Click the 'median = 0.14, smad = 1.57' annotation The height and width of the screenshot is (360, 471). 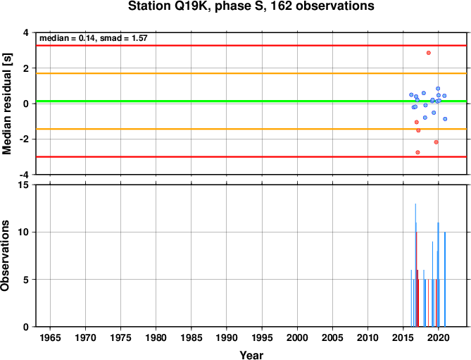pyautogui.click(x=94, y=38)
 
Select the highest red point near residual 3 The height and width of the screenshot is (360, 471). pyautogui.click(x=428, y=53)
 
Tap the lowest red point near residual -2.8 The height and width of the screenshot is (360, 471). pyautogui.click(x=417, y=152)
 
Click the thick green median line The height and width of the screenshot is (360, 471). pyautogui.click(x=251, y=101)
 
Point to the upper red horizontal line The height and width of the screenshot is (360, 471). pyautogui.click(x=251, y=46)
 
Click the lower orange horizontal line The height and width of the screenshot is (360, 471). pyautogui.click(x=251, y=129)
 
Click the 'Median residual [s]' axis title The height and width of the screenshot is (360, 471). pyautogui.click(x=6, y=104)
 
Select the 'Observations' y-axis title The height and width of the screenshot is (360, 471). pyautogui.click(x=5, y=256)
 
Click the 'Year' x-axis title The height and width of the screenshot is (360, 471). pyautogui.click(x=251, y=355)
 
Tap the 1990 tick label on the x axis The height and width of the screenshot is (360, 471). pyautogui.click(x=227, y=337)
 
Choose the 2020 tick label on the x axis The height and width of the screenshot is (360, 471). pyautogui.click(x=438, y=337)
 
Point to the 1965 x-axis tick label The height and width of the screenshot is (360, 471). pyautogui.click(x=50, y=337)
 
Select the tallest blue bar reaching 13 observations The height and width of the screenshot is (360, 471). pyautogui.click(x=415, y=265)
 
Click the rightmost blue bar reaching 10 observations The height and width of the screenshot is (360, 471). pyautogui.click(x=445, y=279)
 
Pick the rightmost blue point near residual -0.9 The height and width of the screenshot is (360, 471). pyautogui.click(x=445, y=119)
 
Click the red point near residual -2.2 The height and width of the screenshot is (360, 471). pyautogui.click(x=437, y=142)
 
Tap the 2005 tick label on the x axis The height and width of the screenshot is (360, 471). pyautogui.click(x=332, y=337)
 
